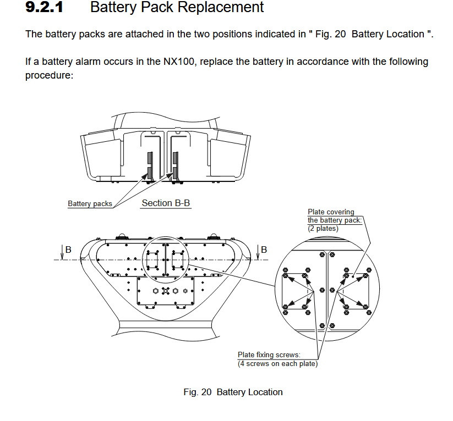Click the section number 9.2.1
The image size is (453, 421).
(43, 8)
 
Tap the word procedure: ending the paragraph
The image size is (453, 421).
(49, 75)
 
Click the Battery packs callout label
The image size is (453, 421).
(90, 204)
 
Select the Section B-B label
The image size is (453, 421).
(166, 203)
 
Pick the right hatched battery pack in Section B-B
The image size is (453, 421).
(175, 165)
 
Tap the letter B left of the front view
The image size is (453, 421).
(68, 250)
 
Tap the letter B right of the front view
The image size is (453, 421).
(264, 250)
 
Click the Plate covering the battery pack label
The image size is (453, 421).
(334, 216)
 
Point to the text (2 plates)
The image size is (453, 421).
(323, 228)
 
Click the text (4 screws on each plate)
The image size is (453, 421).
(277, 363)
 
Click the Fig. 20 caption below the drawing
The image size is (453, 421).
(233, 392)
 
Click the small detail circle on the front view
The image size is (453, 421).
(165, 259)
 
